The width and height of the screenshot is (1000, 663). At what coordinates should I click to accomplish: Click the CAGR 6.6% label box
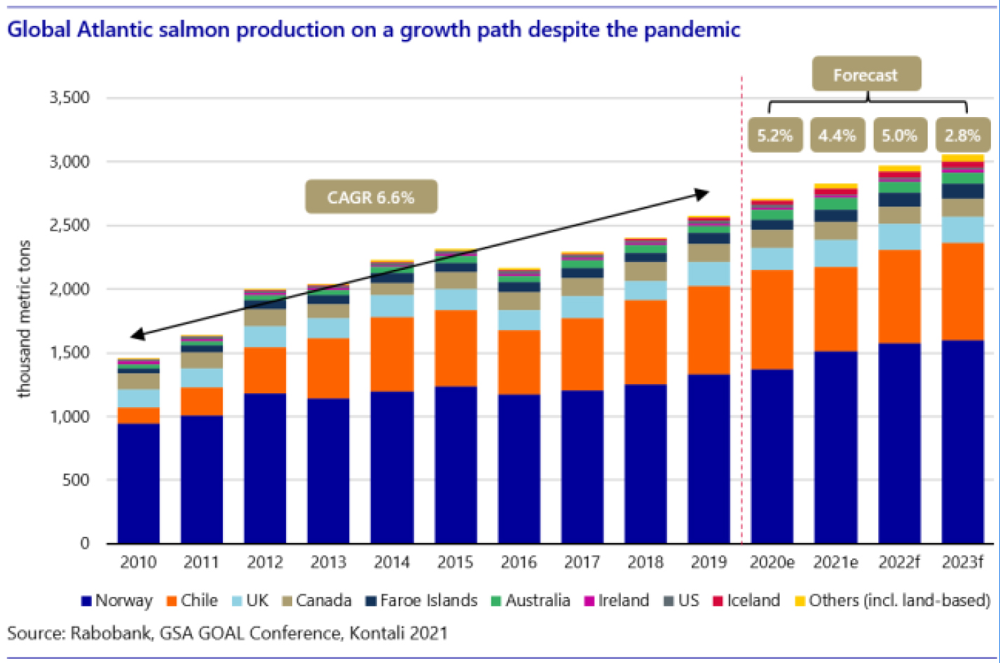click(x=371, y=197)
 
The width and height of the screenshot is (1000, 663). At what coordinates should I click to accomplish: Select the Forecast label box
click(x=865, y=75)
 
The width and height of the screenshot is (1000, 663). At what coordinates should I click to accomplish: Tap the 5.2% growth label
click(x=774, y=135)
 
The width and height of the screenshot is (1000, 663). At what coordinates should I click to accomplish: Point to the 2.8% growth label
click(x=962, y=135)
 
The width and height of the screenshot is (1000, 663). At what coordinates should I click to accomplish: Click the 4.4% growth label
click(x=837, y=135)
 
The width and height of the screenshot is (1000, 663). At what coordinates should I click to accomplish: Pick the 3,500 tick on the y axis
click(x=69, y=97)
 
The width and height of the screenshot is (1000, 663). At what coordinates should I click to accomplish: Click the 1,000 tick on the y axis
click(x=69, y=416)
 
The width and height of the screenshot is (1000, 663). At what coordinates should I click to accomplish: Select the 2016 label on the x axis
click(x=518, y=562)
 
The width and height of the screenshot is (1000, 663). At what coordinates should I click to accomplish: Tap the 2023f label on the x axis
click(x=962, y=562)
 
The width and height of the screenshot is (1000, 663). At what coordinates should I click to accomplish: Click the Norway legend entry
click(x=117, y=601)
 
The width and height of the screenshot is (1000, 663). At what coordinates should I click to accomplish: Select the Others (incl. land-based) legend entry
click(x=892, y=601)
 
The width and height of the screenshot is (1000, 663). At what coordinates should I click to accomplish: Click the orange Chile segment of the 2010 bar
click(x=138, y=416)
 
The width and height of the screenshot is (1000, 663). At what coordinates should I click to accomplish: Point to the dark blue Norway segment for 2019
click(x=708, y=459)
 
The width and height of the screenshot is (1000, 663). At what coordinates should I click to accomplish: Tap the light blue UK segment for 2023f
click(x=962, y=230)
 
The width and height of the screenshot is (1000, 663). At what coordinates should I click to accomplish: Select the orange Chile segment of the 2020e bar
click(x=772, y=320)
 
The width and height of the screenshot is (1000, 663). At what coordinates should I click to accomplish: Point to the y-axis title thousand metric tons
click(x=25, y=319)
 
